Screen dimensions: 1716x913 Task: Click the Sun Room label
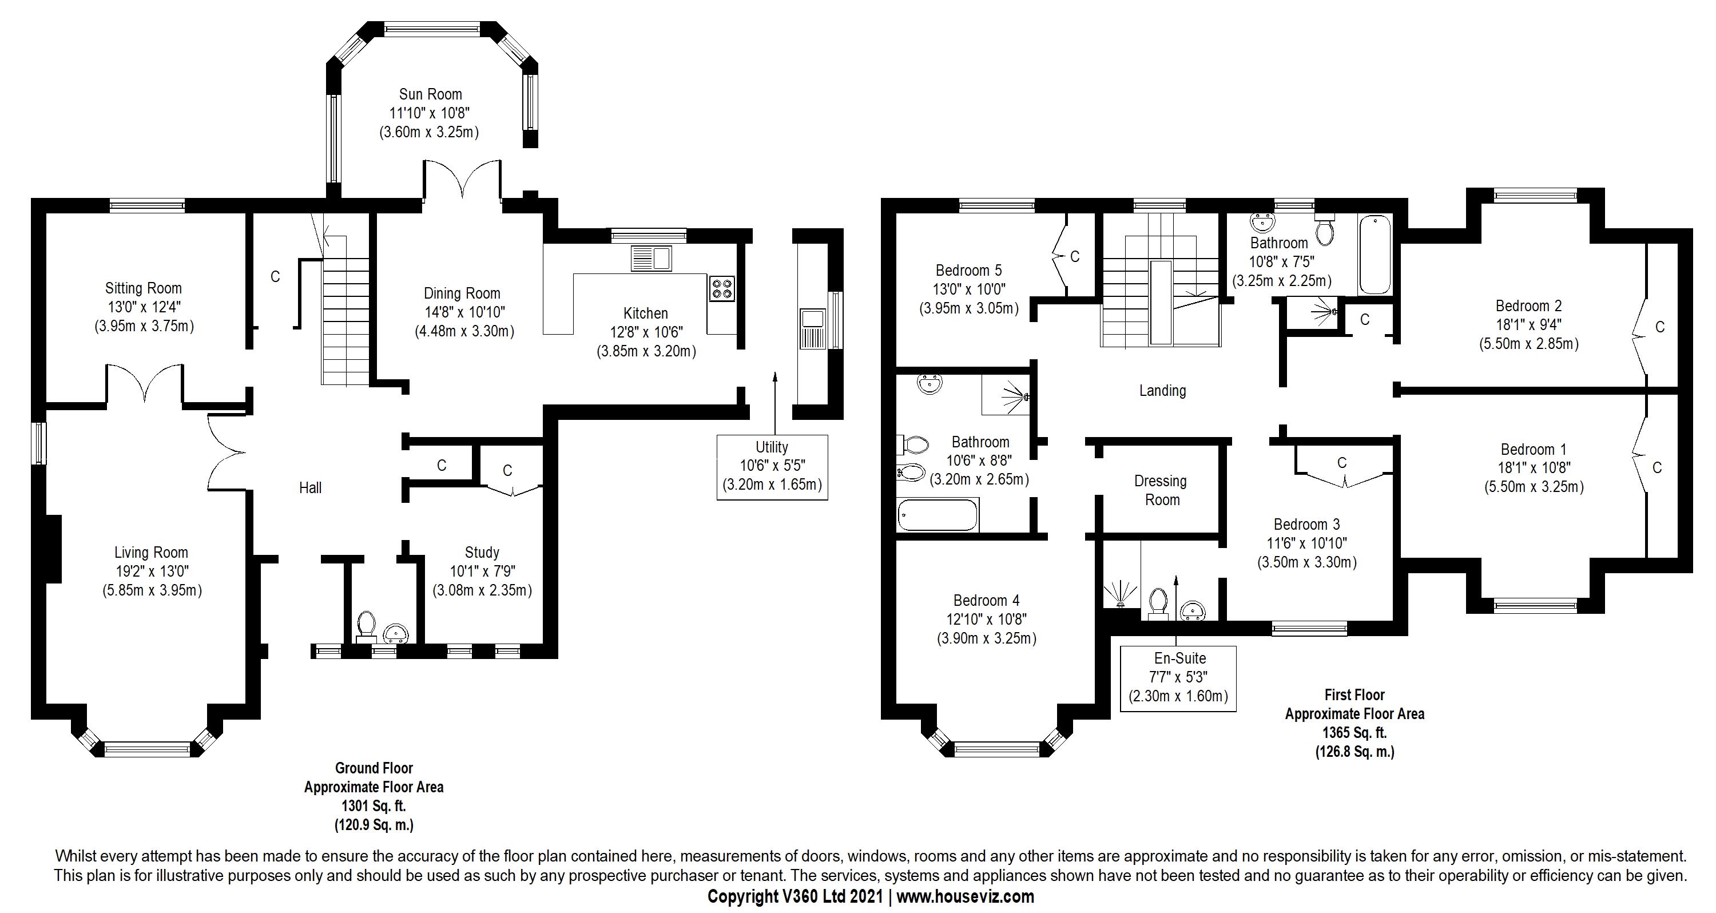[x=430, y=94]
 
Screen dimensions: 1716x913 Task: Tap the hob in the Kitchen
[x=721, y=288]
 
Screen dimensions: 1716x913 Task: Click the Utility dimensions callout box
[x=772, y=466]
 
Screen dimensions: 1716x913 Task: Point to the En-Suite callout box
[x=1178, y=678]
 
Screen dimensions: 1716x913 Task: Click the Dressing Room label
[x=1161, y=490]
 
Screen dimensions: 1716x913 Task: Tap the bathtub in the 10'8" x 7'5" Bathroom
[x=1375, y=255]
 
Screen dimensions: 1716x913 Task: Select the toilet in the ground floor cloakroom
[x=366, y=626]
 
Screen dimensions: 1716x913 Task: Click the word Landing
[x=1162, y=391]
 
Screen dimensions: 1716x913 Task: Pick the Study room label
[x=482, y=553]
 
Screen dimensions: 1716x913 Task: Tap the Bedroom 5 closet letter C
[x=1074, y=257]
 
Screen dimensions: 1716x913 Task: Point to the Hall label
[x=311, y=488]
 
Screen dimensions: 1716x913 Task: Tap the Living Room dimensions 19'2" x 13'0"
[x=151, y=571]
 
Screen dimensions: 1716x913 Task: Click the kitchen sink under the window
[x=651, y=258]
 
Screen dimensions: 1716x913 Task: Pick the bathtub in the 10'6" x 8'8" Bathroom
[x=938, y=516]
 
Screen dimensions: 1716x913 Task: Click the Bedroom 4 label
[x=986, y=601]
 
